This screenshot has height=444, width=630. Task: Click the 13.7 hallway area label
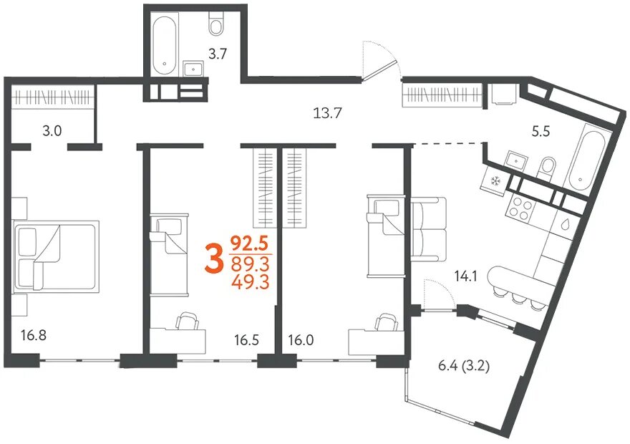[x=327, y=113]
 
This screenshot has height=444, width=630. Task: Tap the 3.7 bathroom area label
[x=218, y=54]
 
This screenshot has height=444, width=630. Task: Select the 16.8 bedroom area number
[x=34, y=334]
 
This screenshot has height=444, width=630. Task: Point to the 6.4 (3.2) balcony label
[x=464, y=367]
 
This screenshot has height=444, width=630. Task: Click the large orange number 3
[x=214, y=260]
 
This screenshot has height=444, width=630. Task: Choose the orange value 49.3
[x=250, y=282]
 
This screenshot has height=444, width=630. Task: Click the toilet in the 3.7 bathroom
[x=216, y=24]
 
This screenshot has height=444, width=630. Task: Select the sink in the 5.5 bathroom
[x=516, y=160]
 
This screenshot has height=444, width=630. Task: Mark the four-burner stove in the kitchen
[x=520, y=209]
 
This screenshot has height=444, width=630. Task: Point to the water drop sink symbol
[x=566, y=223]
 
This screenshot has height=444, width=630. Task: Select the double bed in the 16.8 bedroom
[x=57, y=256]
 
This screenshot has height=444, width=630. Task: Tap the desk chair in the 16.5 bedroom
[x=188, y=321]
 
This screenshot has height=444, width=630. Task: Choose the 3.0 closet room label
[x=52, y=131]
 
